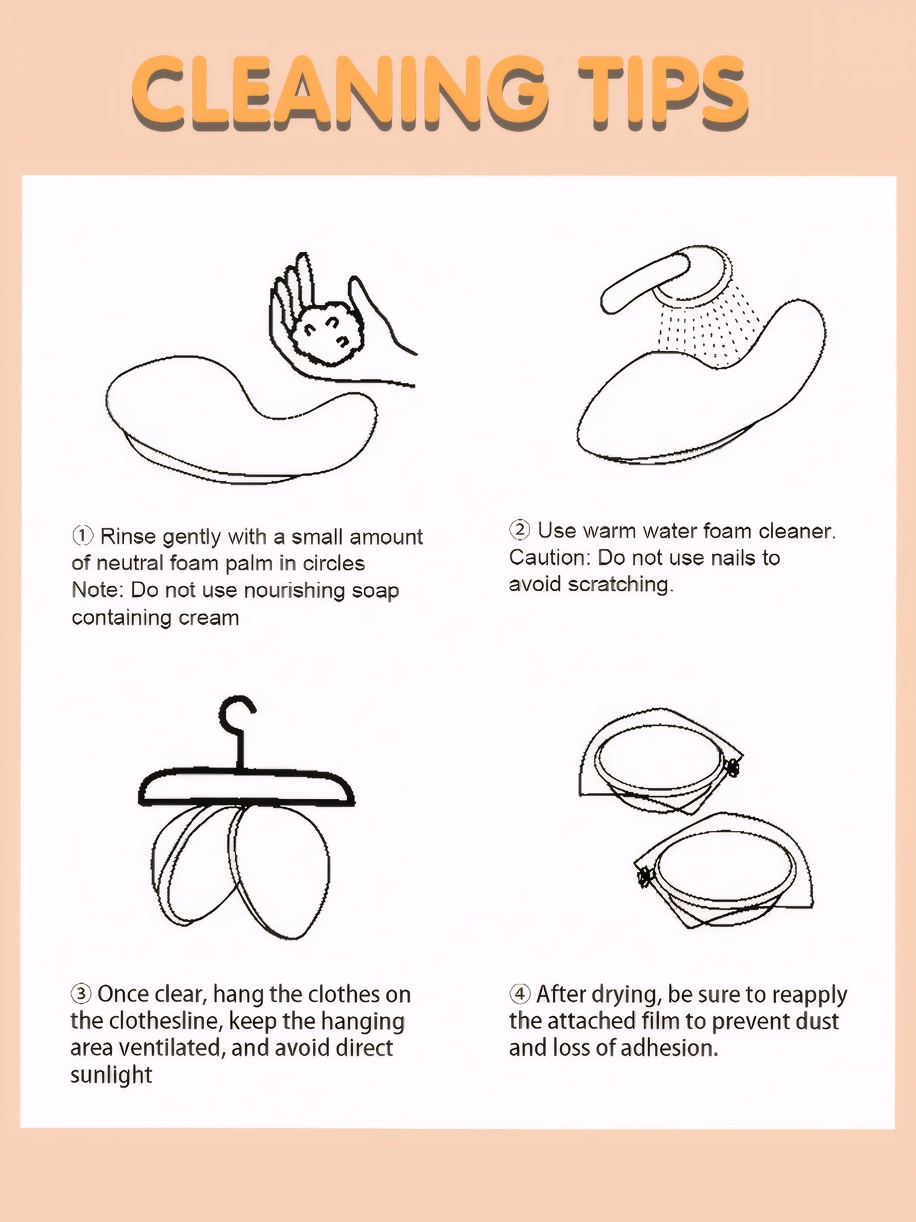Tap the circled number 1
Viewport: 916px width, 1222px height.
(x=82, y=536)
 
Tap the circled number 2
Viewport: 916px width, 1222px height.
(x=519, y=530)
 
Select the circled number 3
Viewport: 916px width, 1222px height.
(x=81, y=994)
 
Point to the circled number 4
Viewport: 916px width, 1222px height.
(x=519, y=994)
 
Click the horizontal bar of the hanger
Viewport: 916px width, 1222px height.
(x=247, y=788)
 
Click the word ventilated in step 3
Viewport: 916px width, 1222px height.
(x=172, y=1048)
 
